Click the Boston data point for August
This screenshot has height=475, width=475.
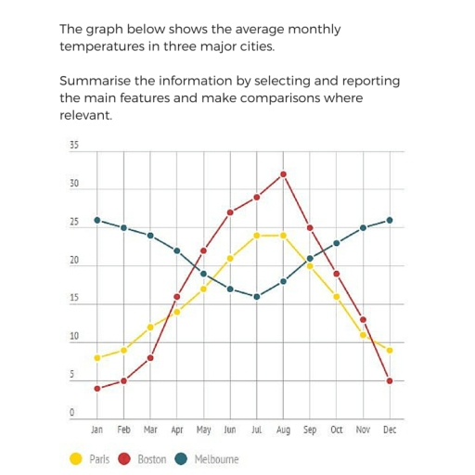(284, 173)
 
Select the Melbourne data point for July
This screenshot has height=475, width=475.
(257, 297)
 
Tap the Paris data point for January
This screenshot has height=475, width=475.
(97, 357)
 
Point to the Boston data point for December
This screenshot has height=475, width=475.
(390, 381)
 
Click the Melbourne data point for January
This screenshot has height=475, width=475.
(97, 220)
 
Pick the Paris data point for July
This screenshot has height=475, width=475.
(257, 236)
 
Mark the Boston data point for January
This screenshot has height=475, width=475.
(97, 388)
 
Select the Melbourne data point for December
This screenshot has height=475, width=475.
(390, 220)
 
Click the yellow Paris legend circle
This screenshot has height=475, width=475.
(77, 458)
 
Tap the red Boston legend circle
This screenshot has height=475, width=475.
(124, 458)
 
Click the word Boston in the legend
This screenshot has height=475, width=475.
(151, 459)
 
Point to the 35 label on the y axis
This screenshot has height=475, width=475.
(74, 146)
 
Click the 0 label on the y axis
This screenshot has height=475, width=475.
(72, 413)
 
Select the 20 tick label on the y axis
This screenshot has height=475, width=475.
(74, 261)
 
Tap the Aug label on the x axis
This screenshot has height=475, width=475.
(284, 430)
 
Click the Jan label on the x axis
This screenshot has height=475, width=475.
(97, 430)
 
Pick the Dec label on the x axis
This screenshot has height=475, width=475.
(390, 430)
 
